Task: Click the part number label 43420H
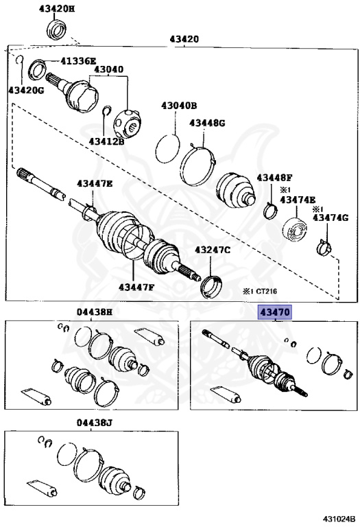[x=57, y=9]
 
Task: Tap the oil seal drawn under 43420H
[x=56, y=30]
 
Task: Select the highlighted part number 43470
[x=275, y=313]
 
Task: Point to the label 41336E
[x=78, y=61]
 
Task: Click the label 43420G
[x=26, y=90]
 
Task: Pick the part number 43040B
[x=179, y=106]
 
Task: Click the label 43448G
[x=207, y=123]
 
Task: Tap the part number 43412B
[x=106, y=141]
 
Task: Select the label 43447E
[x=95, y=183]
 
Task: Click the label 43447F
[x=136, y=287]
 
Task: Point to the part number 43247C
[x=213, y=250]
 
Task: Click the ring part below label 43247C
[x=211, y=287]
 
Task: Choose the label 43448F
[x=275, y=178]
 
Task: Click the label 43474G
[x=331, y=218]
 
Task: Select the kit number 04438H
[x=95, y=312]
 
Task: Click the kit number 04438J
[x=95, y=423]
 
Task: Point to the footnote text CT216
[x=267, y=291]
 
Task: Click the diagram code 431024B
[x=339, y=518]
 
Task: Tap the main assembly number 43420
[x=184, y=39]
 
